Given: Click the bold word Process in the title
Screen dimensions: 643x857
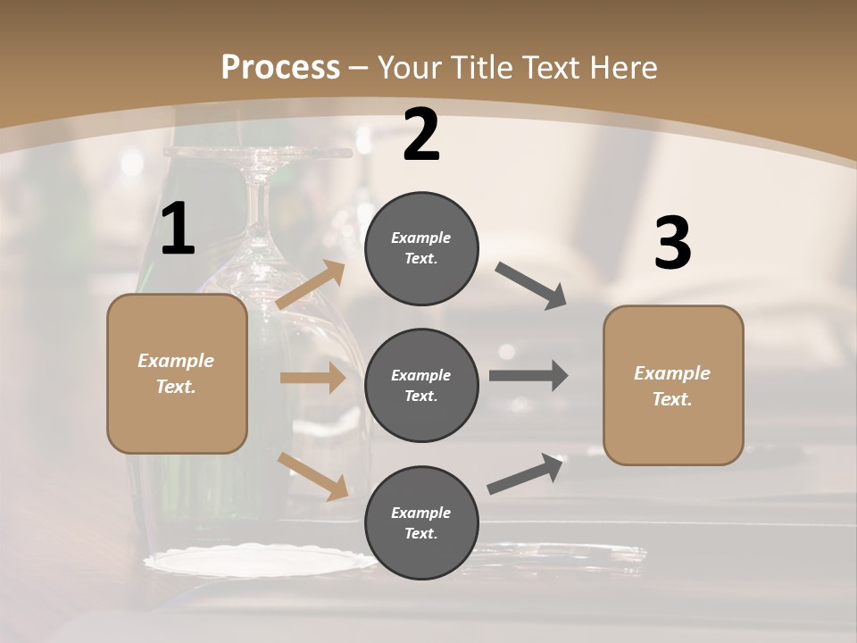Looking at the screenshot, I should pos(280,68).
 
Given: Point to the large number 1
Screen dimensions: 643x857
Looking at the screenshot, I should pos(178,230).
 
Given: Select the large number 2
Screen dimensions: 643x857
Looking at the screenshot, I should pos(421,135).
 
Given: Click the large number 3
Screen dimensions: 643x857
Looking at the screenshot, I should pos(672,244).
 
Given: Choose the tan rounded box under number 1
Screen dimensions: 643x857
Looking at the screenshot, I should pos(177,373).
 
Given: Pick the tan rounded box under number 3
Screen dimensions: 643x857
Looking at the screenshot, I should pos(673,386).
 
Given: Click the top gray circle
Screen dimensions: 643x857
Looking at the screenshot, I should pos(421,248).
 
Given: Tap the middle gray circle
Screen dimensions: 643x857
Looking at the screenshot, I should pos(421,385).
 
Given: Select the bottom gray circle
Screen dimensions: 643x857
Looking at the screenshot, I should pos(421,522).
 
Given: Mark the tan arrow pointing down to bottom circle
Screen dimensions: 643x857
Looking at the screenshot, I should pos(312,476).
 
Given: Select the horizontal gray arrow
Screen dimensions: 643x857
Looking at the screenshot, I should pos(528,375).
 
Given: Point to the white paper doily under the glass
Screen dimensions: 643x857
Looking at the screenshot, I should pos(259,562).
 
